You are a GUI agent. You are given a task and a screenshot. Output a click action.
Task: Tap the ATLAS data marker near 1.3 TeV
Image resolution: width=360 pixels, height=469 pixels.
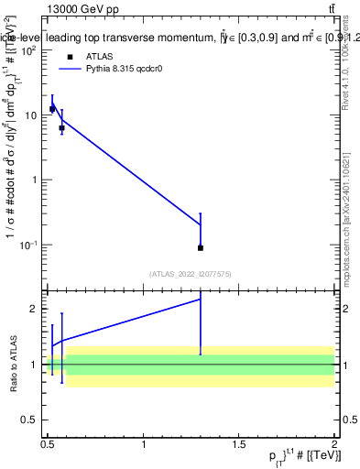(x=201, y=247)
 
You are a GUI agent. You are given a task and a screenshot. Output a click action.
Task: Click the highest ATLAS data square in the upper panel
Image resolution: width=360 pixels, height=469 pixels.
(x=52, y=109)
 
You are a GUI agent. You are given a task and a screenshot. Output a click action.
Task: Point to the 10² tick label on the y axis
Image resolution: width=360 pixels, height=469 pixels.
(x=29, y=50)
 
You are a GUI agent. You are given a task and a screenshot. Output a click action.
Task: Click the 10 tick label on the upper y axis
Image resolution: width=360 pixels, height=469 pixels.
(x=32, y=115)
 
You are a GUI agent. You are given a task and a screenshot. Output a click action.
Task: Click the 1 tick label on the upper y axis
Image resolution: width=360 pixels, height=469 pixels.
(x=36, y=180)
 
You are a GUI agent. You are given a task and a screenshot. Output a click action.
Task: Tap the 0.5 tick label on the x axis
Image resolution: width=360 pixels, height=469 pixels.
(x=48, y=444)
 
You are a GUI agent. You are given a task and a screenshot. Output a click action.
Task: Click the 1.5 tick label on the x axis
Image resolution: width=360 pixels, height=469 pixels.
(x=239, y=444)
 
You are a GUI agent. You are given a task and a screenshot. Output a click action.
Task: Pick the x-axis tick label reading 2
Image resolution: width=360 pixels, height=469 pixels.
(x=334, y=444)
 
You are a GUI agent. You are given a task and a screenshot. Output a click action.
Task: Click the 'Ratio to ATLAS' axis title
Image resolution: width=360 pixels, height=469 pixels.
(x=12, y=365)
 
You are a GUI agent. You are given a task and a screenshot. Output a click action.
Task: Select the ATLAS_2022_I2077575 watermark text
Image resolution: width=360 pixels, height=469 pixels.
(x=191, y=274)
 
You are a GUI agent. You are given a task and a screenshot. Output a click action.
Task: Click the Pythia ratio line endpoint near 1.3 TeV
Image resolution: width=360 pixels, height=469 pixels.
(x=201, y=300)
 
